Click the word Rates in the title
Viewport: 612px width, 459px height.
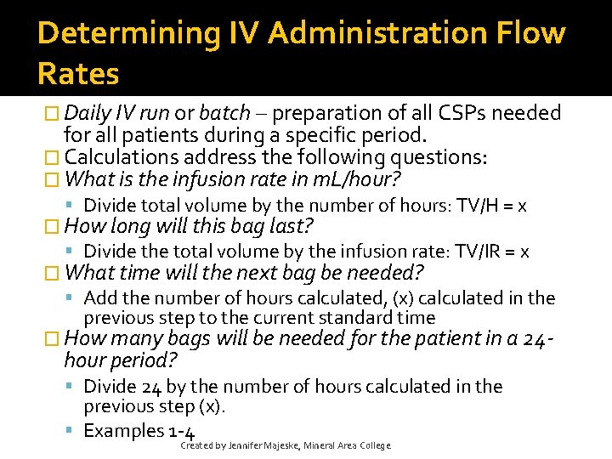pos(78,74)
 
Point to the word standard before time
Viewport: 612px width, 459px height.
pos(360,318)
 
